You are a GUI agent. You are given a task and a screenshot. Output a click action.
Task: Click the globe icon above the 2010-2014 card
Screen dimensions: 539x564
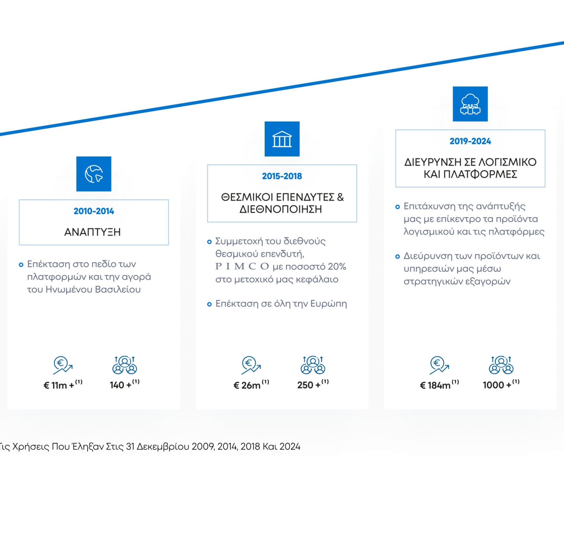click(x=93, y=173)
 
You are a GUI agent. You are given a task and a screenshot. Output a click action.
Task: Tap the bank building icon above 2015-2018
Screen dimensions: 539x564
click(x=282, y=139)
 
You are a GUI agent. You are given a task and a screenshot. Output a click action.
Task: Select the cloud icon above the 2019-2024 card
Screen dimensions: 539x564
click(x=470, y=104)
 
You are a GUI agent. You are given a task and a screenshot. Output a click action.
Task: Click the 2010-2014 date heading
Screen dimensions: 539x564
click(x=94, y=211)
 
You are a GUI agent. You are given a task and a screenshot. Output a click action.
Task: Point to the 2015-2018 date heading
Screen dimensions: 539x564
click(x=282, y=176)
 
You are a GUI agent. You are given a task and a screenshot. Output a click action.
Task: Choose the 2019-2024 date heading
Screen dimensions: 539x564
click(x=470, y=141)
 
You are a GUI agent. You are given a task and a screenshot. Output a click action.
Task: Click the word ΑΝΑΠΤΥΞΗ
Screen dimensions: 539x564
click(x=93, y=232)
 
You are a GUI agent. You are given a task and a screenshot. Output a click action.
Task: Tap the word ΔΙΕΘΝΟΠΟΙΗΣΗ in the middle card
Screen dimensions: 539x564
click(x=281, y=209)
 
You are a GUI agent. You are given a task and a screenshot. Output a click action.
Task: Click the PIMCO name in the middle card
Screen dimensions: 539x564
click(x=242, y=267)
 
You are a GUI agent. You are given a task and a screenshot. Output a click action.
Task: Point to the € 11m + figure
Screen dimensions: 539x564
click(x=59, y=385)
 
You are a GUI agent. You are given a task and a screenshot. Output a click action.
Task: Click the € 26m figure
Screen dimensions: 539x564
click(x=247, y=385)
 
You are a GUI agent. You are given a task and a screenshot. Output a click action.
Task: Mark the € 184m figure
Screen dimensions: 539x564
click(x=435, y=385)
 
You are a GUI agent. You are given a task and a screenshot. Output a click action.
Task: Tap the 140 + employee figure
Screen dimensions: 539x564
click(x=121, y=385)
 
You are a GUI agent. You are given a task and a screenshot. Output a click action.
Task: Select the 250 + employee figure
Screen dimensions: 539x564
click(x=309, y=385)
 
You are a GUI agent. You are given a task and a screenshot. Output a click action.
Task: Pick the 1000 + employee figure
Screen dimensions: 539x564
click(x=497, y=385)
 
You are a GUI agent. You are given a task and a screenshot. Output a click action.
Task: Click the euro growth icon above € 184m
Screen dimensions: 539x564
click(x=439, y=365)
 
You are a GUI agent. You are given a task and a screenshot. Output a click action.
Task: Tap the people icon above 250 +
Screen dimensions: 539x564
click(x=313, y=365)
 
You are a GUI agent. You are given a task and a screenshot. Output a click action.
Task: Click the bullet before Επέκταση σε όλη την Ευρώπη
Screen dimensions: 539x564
click(x=209, y=304)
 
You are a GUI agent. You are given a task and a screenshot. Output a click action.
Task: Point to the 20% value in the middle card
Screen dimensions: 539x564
click(x=337, y=267)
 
